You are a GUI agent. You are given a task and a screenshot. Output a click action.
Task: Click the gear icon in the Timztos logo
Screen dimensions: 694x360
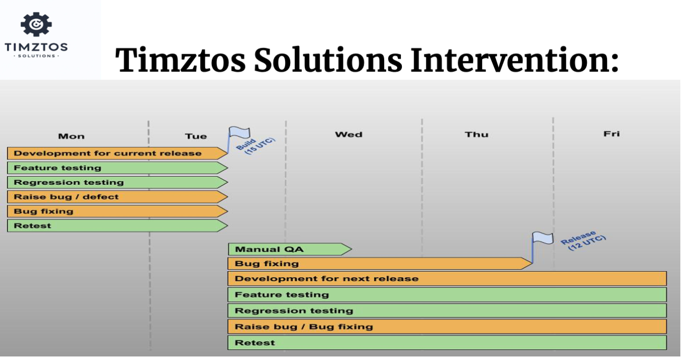point(36,24)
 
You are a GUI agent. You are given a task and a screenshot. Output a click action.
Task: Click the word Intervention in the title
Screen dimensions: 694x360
point(515,60)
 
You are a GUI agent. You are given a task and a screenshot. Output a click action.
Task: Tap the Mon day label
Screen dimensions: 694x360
point(71,136)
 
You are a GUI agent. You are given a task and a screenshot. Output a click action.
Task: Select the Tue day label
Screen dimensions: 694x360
point(196,136)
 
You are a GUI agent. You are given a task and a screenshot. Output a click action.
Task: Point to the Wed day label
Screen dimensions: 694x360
point(349,135)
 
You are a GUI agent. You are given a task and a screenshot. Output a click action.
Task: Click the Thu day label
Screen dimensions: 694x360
point(477,135)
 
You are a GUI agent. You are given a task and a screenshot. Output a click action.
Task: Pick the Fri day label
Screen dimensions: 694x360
point(612,134)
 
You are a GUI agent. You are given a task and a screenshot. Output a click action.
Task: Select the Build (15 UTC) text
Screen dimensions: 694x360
point(255,146)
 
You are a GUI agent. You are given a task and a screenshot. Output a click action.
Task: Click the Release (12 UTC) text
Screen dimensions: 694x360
point(583,240)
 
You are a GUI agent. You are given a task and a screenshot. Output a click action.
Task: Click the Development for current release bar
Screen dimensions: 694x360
point(117,153)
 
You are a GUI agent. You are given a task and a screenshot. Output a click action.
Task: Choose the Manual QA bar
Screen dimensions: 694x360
point(290,249)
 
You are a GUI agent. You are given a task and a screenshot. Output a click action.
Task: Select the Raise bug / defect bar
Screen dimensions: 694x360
point(117,197)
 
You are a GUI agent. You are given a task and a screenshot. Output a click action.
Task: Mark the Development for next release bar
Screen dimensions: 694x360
point(447,279)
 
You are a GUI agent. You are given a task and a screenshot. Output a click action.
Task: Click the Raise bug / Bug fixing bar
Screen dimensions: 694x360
point(447,326)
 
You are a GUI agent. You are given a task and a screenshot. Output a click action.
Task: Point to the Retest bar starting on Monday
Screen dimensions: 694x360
point(117,225)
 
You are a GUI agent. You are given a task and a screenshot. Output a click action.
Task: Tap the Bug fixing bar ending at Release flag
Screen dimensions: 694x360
point(380,264)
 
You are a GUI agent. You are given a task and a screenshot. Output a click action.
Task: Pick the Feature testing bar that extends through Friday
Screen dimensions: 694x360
point(447,294)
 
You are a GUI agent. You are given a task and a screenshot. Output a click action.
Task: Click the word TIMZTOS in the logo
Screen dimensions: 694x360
point(36,47)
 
